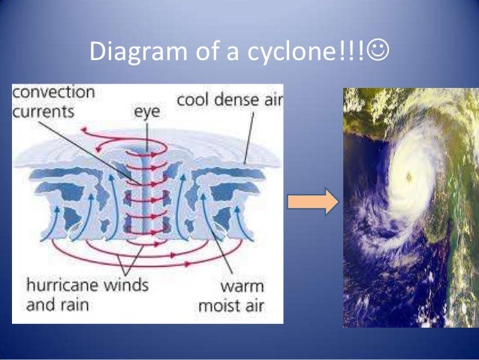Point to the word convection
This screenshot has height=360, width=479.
point(54,93)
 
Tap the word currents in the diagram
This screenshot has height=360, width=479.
point(44,112)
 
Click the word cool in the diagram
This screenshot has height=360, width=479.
point(193,100)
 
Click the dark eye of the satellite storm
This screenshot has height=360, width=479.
point(408,177)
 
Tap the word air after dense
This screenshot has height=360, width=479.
point(270,99)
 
